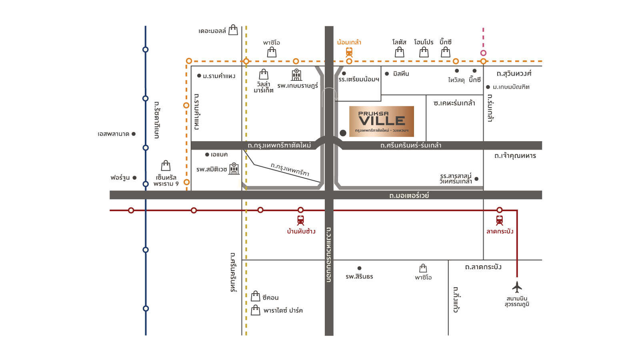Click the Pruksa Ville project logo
click(381, 121)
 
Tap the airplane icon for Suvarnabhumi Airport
click(517, 287)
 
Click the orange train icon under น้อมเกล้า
click(349, 52)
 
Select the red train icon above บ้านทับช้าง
click(300, 220)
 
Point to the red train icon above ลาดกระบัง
click(499, 220)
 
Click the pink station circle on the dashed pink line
click(483, 53)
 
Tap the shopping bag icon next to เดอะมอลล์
click(233, 30)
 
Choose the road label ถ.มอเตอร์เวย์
click(409, 195)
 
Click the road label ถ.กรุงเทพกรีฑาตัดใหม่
click(279, 145)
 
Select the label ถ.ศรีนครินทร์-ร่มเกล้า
click(411, 145)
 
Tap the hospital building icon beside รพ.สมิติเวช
click(234, 168)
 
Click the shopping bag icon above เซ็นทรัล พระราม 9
click(166, 166)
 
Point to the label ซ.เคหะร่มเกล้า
click(454, 103)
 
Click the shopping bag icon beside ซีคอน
click(256, 296)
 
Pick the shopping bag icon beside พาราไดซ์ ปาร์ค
click(256, 310)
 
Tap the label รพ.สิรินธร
click(359, 276)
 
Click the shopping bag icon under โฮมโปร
click(424, 52)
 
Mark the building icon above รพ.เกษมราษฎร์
click(296, 74)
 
